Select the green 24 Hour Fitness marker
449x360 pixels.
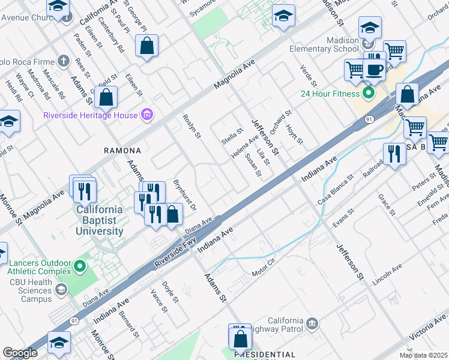coord(369,93)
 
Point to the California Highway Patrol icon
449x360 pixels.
coord(311,325)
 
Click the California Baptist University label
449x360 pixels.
coord(100,220)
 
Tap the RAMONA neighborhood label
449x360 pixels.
coord(122,151)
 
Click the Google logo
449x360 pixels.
coord(20,353)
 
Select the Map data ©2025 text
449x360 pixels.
coord(424,355)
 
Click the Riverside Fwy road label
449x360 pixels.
coord(176,251)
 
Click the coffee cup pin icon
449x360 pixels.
coord(375,68)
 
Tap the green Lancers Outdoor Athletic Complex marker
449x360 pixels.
coord(80,264)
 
